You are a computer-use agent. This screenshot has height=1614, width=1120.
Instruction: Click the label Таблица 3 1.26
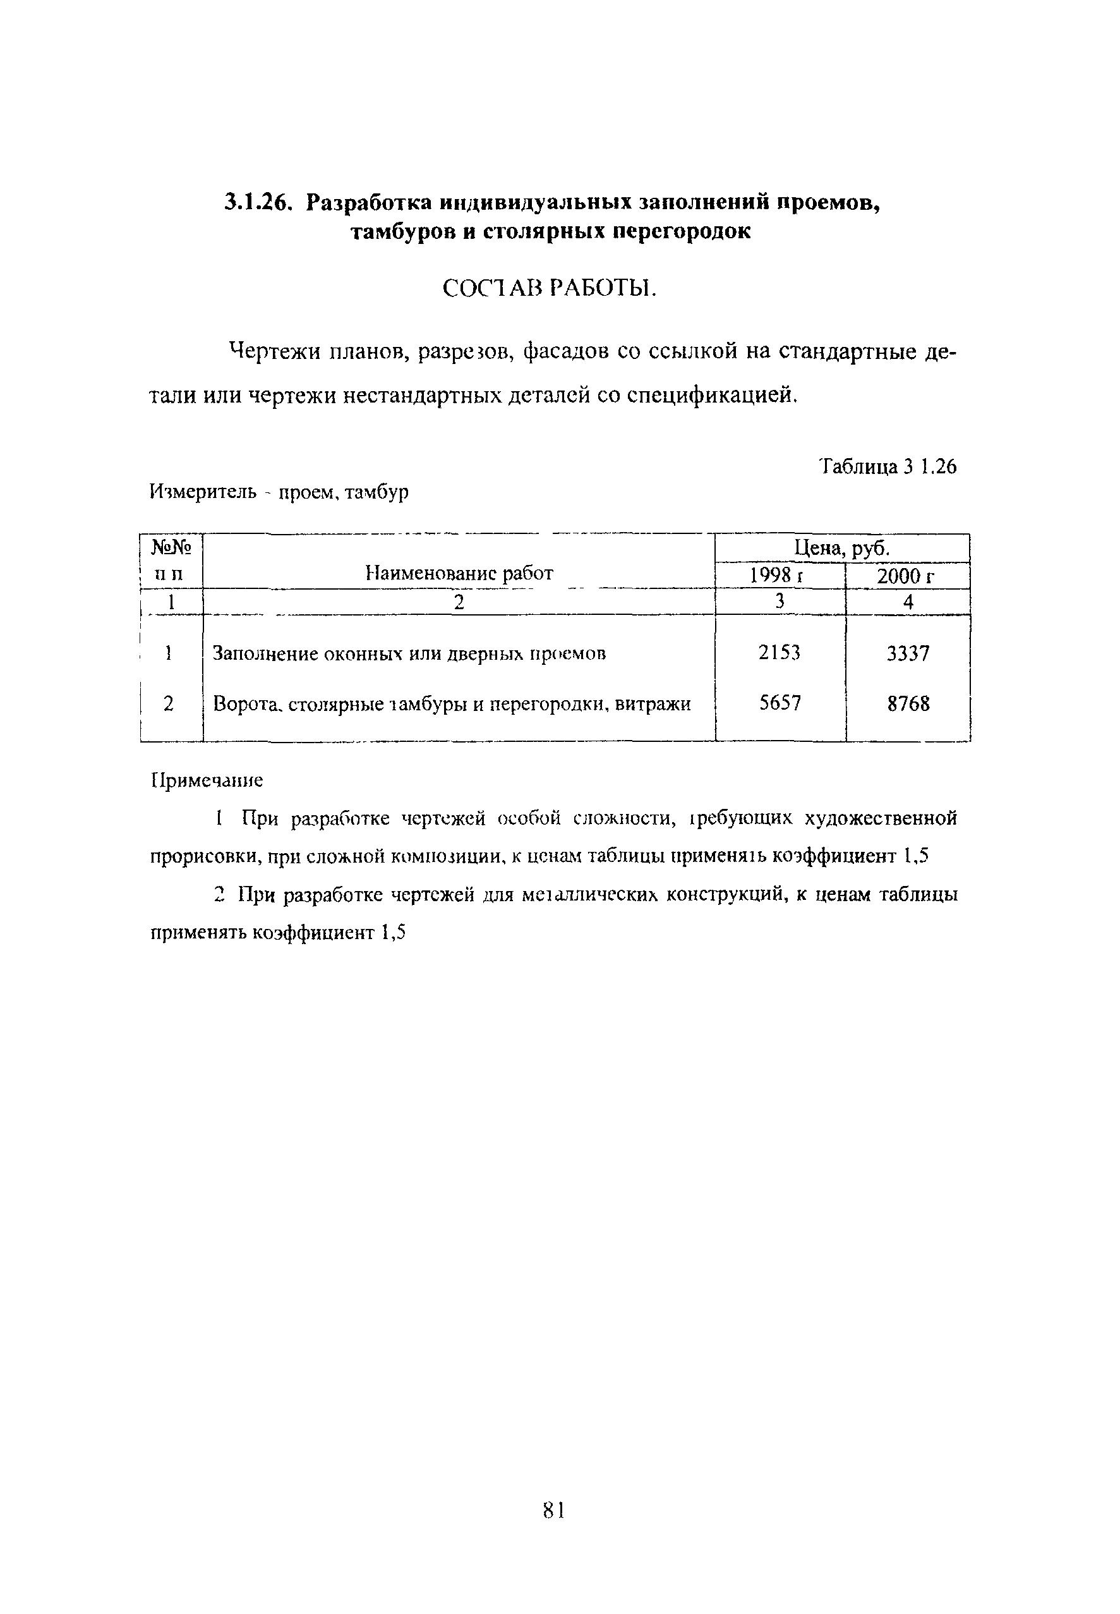pyautogui.click(x=888, y=466)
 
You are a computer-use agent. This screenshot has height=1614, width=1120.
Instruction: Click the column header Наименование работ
pyautogui.click(x=459, y=574)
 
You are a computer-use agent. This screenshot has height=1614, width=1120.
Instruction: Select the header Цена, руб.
pyautogui.click(x=841, y=548)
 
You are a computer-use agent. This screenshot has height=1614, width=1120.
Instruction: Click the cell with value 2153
pyautogui.click(x=779, y=653)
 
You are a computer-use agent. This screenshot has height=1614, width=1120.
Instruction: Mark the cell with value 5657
pyautogui.click(x=779, y=703)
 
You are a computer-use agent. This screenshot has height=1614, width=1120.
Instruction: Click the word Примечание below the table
pyautogui.click(x=207, y=780)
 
